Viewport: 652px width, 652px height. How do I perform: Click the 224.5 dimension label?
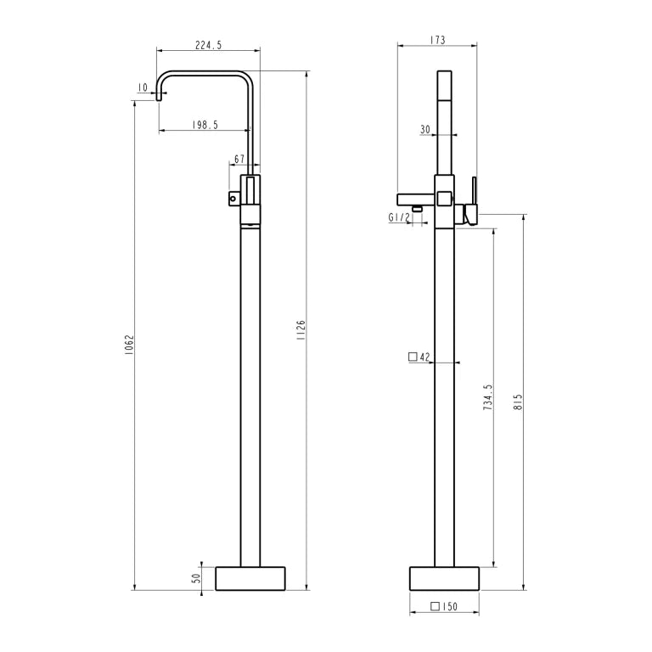208,45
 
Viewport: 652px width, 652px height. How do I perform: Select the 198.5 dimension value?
205,125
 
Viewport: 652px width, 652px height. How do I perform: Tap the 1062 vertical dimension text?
129,345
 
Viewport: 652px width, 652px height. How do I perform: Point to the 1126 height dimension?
301,330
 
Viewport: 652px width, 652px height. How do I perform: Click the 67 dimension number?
239,160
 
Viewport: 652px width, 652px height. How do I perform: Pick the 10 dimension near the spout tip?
143,87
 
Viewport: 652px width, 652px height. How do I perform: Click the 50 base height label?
196,577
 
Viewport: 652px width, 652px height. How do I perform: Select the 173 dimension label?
437,40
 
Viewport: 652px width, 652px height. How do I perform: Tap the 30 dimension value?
425,129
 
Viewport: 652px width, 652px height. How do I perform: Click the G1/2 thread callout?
399,217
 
